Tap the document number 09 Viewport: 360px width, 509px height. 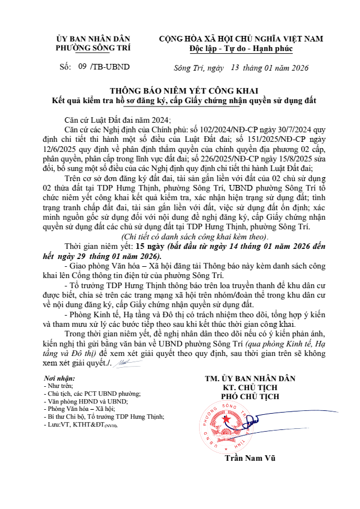(82, 67)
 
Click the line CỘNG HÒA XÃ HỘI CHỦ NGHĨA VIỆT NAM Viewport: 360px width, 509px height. (241, 39)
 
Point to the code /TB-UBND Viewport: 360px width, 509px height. (110, 67)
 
